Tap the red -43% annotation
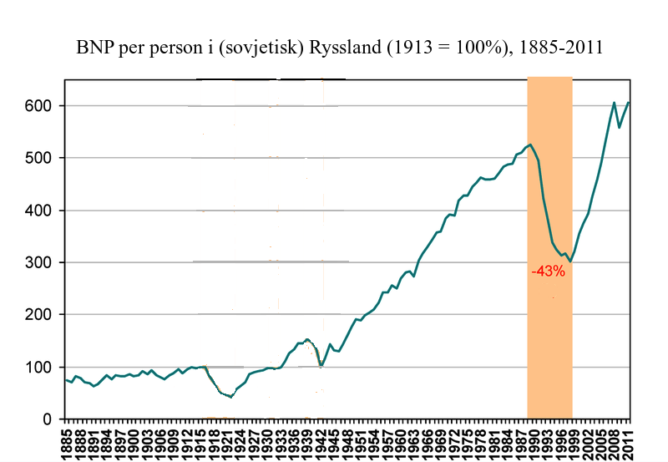click(548, 272)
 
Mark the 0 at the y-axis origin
click(48, 419)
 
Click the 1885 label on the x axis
click(66, 443)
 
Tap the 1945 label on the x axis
click(334, 443)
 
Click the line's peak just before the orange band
click(530, 145)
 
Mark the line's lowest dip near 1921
click(230, 397)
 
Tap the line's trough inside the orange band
click(571, 261)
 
